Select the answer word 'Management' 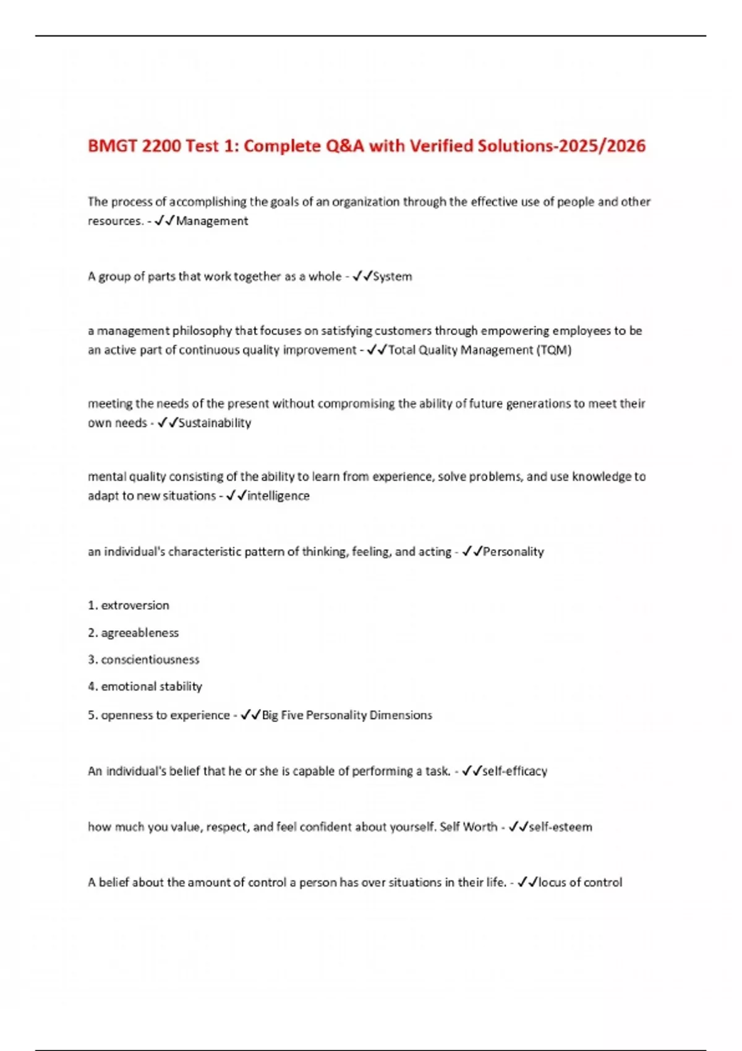click(212, 221)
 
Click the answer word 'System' click(393, 276)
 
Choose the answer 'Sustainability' click(215, 423)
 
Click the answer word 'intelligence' click(278, 496)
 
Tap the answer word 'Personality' click(513, 551)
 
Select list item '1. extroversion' click(129, 605)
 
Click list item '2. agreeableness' click(133, 632)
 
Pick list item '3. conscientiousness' click(143, 660)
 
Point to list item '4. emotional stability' click(145, 686)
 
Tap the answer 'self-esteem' click(560, 827)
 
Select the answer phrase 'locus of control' click(580, 882)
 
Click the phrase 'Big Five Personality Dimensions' click(347, 715)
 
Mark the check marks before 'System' click(362, 276)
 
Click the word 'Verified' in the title click(441, 147)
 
